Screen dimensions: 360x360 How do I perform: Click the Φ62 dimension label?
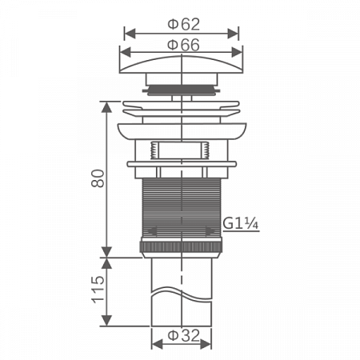coord(182,24)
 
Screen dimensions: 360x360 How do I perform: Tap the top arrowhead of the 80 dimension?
coord(106,104)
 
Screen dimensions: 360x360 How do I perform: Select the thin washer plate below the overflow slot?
coord(182,164)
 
